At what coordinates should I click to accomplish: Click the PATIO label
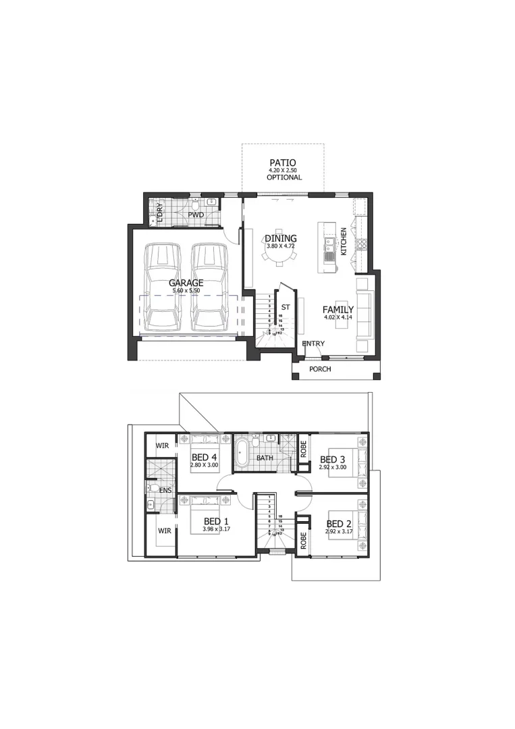[283, 163]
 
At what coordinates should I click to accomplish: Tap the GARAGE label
[186, 283]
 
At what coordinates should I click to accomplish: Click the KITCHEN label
[344, 241]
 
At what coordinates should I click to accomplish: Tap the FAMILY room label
[338, 310]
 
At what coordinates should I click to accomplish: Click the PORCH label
[320, 369]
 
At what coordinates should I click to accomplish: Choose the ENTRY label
[313, 344]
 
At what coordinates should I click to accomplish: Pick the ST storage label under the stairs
[286, 307]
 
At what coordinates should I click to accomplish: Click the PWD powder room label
[196, 215]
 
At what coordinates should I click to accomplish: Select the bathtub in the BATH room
[242, 452]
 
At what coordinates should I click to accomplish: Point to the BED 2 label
[339, 523]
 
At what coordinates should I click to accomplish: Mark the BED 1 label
[217, 521]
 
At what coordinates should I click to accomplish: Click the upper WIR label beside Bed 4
[162, 446]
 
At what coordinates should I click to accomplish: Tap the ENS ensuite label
[165, 490]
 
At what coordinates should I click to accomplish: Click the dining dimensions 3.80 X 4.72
[281, 246]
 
